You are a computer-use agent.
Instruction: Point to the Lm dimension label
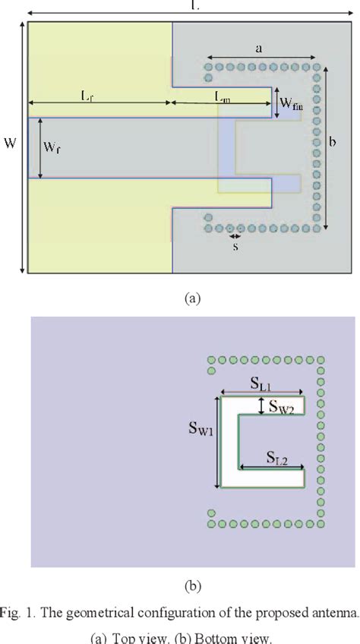(x=223, y=96)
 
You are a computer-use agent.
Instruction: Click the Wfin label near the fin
(x=291, y=103)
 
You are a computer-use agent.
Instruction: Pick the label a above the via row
(x=259, y=49)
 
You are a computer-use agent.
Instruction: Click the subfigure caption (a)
(x=191, y=298)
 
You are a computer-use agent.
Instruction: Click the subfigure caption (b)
(x=191, y=586)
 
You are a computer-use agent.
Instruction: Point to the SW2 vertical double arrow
(x=262, y=406)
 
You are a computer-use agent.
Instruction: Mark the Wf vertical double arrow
(x=39, y=148)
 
